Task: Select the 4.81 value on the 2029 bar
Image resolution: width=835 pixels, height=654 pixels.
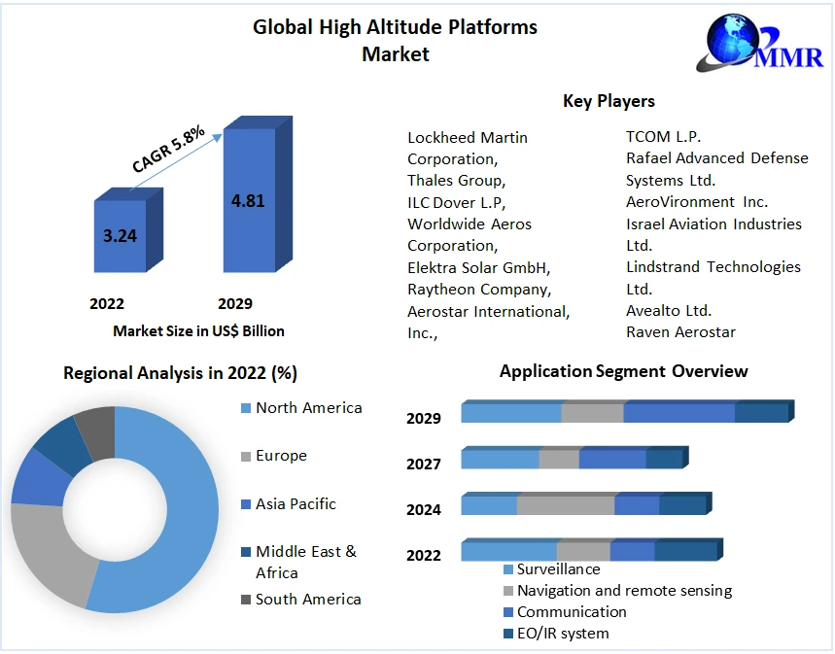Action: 248,201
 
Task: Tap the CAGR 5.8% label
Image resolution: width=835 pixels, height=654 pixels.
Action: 168,152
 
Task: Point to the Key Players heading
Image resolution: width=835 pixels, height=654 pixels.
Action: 609,101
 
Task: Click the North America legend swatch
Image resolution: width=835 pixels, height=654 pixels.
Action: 245,408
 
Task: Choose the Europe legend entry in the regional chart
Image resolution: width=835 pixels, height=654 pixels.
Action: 280,456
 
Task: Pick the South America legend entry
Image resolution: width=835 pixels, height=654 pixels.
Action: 307,600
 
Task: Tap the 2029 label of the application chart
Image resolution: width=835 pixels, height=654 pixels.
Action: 424,419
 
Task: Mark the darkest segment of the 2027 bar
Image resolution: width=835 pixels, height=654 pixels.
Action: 664,459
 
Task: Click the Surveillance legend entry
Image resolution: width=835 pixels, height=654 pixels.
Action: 558,569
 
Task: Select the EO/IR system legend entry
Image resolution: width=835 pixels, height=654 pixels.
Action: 562,634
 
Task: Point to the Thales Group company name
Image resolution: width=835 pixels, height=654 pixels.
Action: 456,181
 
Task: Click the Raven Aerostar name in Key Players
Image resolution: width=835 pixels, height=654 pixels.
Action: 680,332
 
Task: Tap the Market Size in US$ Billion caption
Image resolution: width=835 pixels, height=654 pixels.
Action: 198,331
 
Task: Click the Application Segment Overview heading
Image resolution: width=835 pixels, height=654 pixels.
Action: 623,371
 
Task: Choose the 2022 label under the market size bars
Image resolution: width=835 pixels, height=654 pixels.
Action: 107,303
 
